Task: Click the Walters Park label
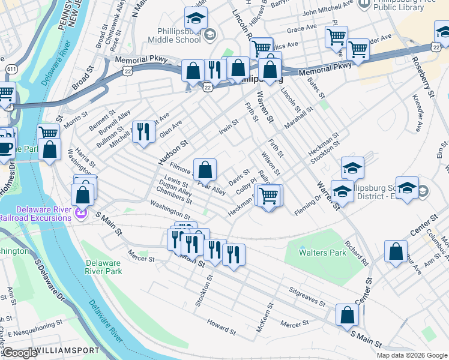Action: (x=323, y=253)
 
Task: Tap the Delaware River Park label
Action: (x=104, y=267)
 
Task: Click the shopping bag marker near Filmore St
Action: (x=205, y=170)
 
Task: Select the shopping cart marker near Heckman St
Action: (x=269, y=195)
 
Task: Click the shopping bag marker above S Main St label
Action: (x=348, y=315)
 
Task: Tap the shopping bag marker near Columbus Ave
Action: (x=396, y=252)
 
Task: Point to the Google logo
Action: (x=19, y=353)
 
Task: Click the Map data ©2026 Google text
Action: (x=412, y=355)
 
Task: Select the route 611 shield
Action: (x=11, y=69)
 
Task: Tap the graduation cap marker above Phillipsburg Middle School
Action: (x=196, y=18)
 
